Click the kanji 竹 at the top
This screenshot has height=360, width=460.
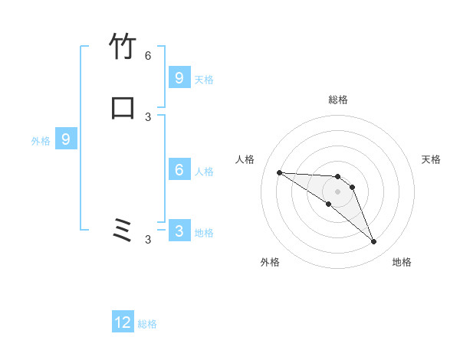point(123,47)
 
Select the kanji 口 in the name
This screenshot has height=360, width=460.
point(123,106)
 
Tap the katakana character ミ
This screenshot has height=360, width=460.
point(123,230)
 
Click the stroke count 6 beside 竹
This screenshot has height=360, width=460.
point(148,56)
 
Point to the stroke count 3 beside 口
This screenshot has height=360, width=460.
point(148,116)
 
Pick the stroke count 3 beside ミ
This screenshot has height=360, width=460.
point(148,240)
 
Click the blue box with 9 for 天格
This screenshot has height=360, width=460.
point(179,77)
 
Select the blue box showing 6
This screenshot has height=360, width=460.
point(179,170)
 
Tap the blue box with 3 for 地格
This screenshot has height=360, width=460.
point(179,231)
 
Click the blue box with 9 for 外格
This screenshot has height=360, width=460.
point(66,139)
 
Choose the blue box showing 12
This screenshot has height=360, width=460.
point(123,322)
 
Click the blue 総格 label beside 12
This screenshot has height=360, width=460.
point(147,324)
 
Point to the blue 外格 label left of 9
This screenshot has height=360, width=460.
point(41,141)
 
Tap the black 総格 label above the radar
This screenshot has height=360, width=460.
point(338,100)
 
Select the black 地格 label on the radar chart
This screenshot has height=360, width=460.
point(402,262)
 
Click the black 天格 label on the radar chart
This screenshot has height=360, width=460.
point(431,159)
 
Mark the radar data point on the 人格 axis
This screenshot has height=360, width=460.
point(279,172)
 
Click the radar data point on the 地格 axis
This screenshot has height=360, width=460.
point(374,242)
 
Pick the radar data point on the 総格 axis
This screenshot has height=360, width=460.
point(338,177)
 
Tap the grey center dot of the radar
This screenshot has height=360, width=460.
point(338,191)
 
